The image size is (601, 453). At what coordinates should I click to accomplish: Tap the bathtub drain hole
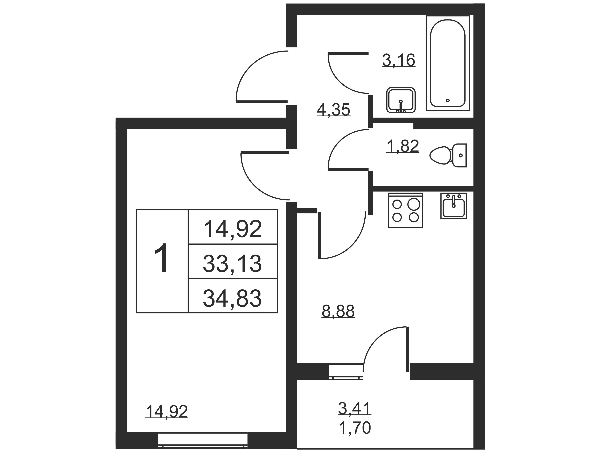(x=448, y=100)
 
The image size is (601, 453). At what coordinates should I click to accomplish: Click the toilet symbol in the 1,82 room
(x=448, y=155)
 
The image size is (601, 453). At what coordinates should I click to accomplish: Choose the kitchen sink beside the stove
(x=453, y=206)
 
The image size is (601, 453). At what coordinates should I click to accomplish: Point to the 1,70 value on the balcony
(x=355, y=428)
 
